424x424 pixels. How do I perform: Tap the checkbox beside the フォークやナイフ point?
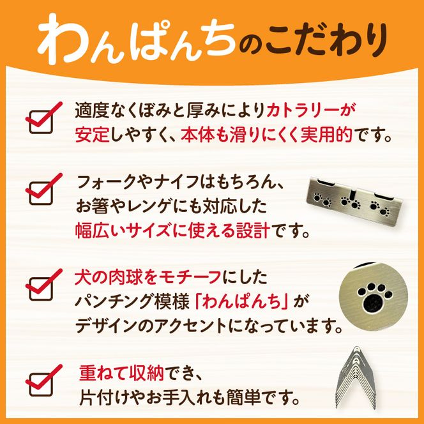[42, 190]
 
